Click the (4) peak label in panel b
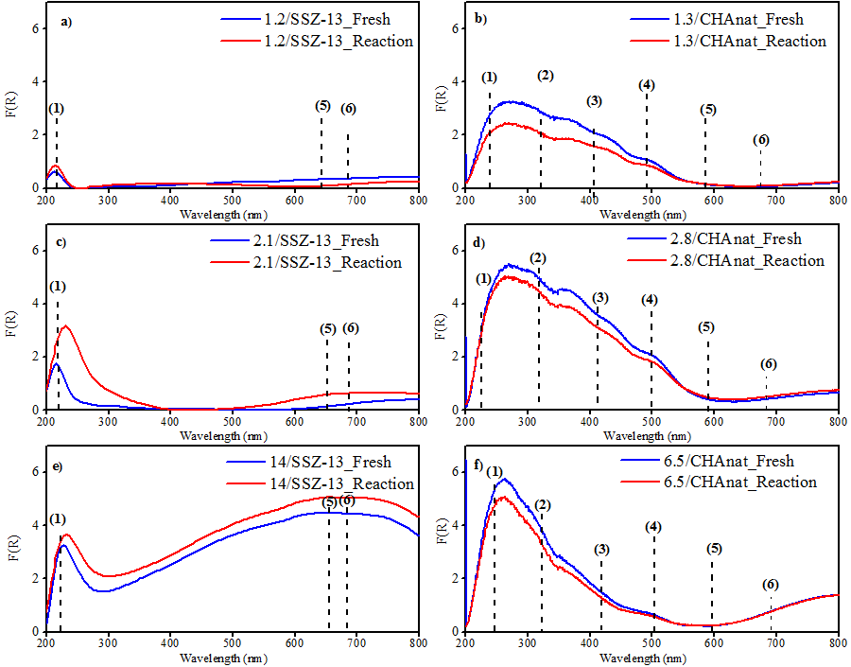click(647, 85)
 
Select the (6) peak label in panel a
click(348, 109)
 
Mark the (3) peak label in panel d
click(601, 298)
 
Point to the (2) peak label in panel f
click(542, 505)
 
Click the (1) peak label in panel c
click(58, 286)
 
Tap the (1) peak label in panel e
click(58, 518)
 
